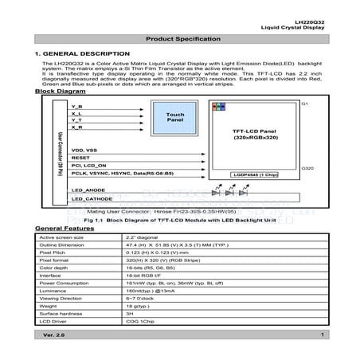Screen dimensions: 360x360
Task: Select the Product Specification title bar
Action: click(x=179, y=40)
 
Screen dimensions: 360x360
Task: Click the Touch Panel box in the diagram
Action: click(x=175, y=116)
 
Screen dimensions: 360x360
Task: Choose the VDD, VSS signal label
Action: click(x=84, y=150)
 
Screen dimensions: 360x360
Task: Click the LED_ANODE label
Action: click(x=89, y=191)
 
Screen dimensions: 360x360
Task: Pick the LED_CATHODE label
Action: click(x=92, y=200)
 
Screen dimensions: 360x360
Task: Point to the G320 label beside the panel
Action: click(x=308, y=169)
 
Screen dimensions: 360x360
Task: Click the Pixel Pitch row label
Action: click(x=53, y=252)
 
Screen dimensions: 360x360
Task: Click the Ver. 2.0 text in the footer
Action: click(x=55, y=337)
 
